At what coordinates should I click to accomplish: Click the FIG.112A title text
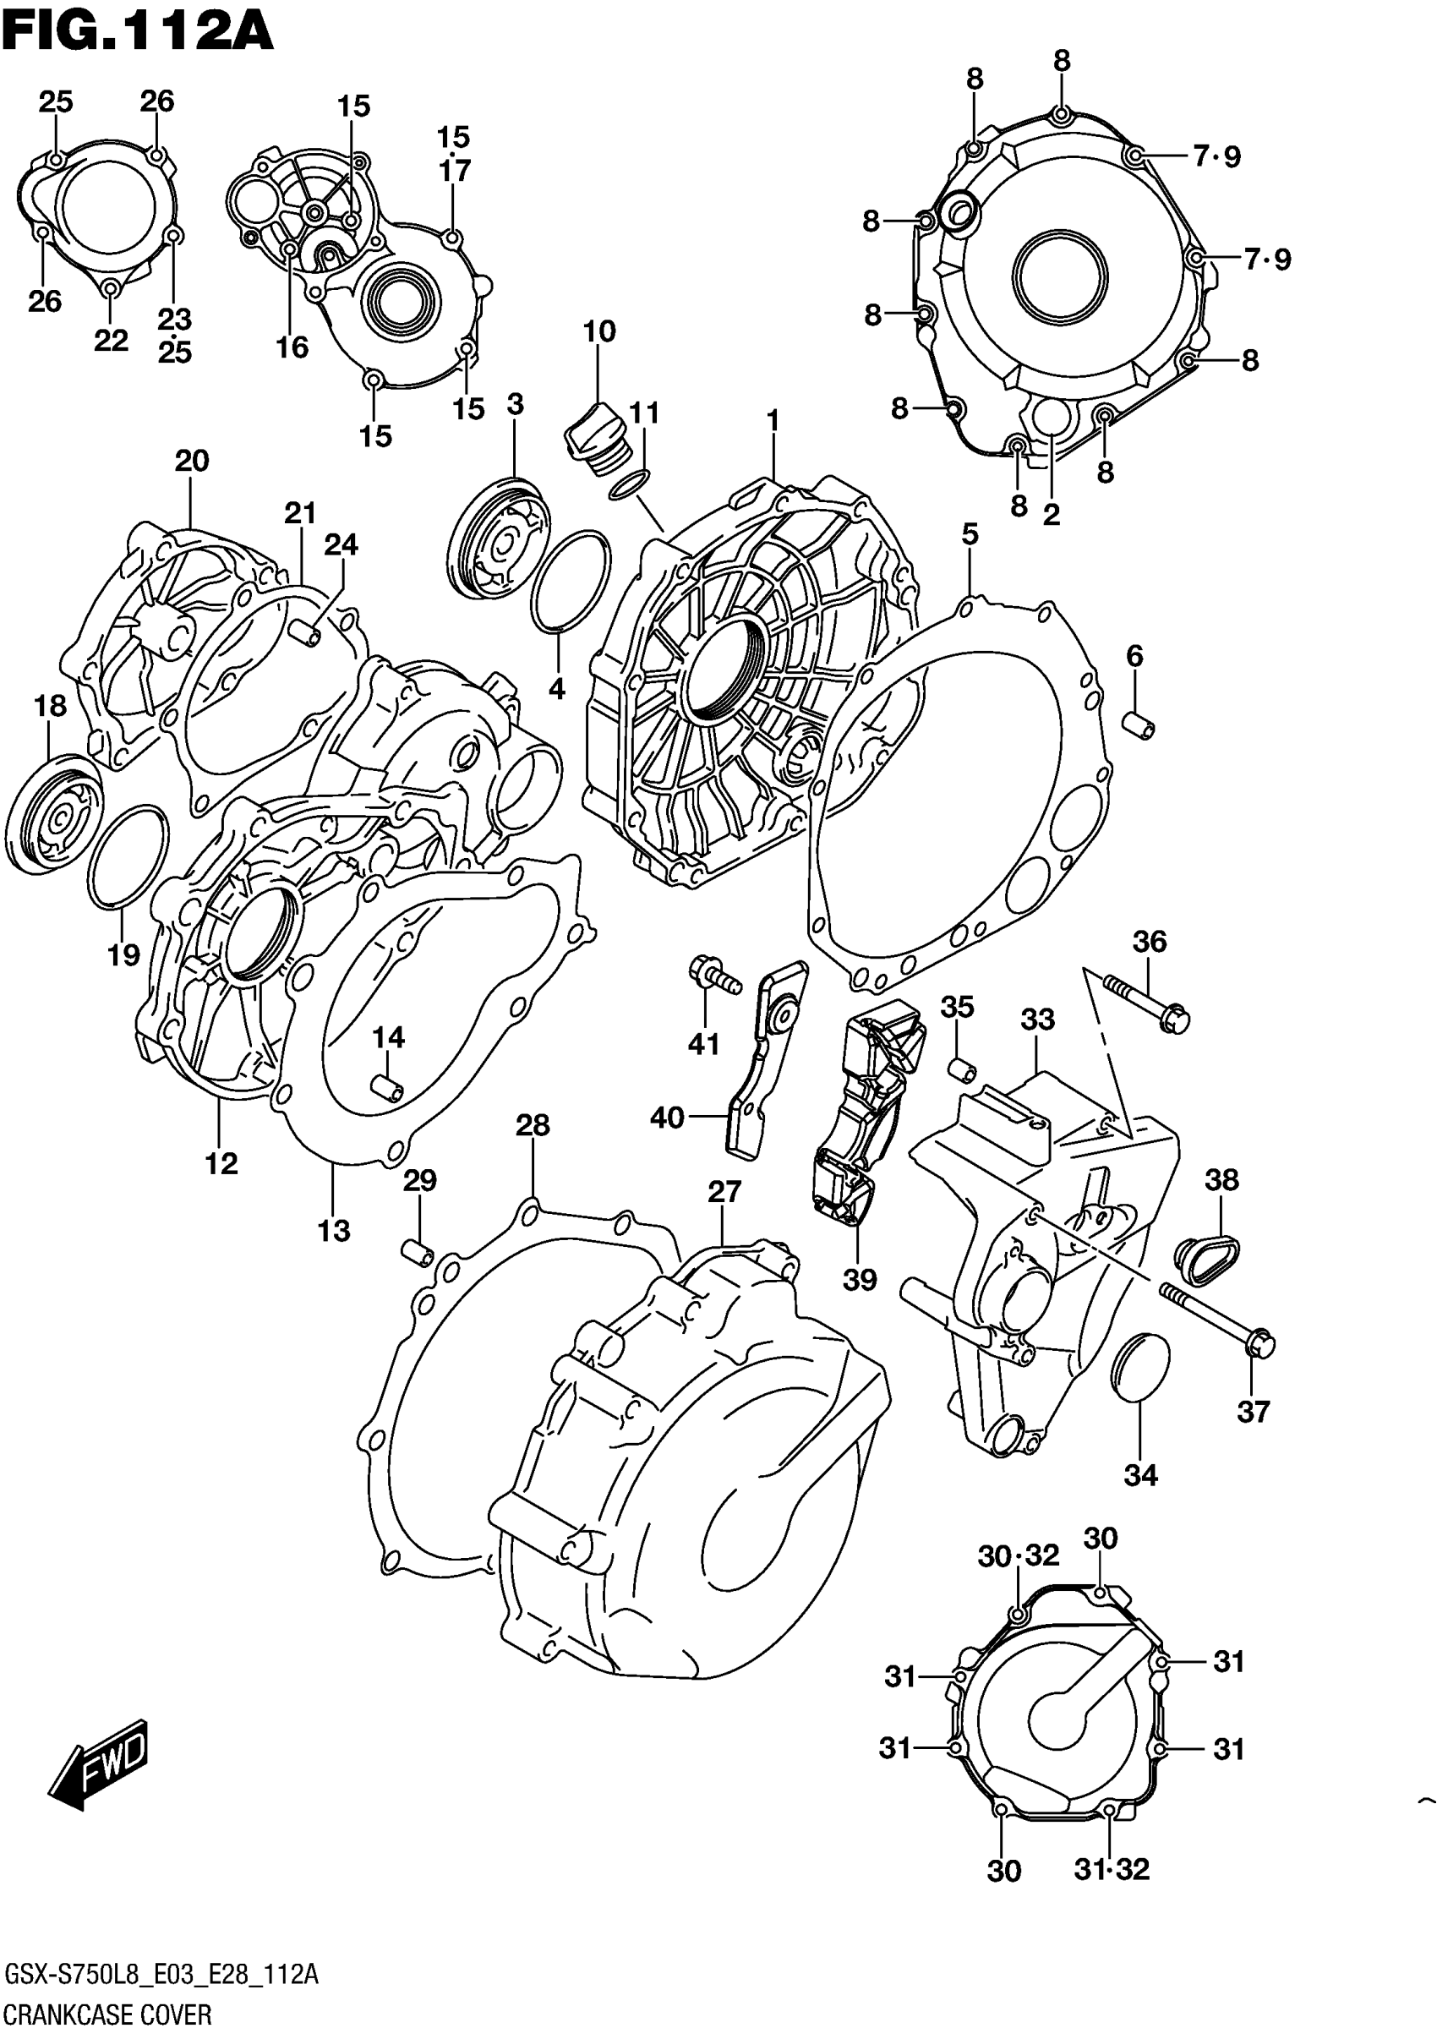click(x=138, y=33)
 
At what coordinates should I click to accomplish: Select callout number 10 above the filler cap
click(x=598, y=332)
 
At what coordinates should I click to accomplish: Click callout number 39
click(x=859, y=1280)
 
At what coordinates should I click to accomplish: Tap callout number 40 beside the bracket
click(x=667, y=1118)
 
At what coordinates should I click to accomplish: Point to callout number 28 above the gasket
click(x=533, y=1125)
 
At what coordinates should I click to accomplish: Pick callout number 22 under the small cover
click(x=111, y=340)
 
